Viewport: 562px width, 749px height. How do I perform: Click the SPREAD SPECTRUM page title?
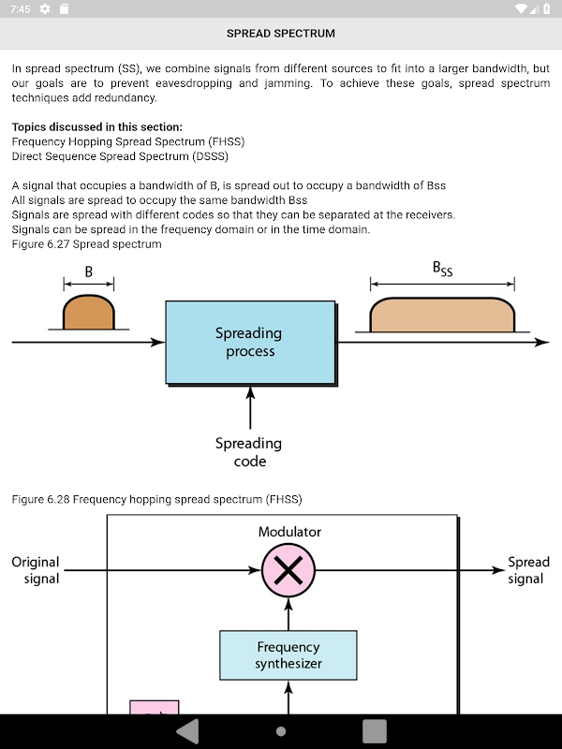280,34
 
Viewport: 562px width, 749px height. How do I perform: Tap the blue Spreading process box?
250,343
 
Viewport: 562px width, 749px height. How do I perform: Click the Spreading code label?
248,451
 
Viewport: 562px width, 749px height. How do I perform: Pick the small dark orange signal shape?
88,314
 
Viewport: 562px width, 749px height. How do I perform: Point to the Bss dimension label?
442,270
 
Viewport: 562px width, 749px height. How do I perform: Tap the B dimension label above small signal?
88,272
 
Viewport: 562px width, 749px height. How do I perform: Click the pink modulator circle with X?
288,570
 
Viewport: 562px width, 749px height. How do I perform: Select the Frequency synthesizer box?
288,655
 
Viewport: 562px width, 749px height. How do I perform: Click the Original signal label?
36,570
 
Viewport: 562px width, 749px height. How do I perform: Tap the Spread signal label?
527,570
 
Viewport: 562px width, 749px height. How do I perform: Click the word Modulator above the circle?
289,532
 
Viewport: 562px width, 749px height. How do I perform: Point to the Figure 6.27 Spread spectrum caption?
86,244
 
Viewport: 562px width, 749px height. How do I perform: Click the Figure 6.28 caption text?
156,499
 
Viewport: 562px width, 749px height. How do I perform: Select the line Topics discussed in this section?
97,127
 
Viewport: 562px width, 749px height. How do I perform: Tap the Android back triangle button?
188,731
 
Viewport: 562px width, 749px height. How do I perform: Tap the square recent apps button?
375,731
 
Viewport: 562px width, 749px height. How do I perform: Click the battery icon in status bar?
547,8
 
